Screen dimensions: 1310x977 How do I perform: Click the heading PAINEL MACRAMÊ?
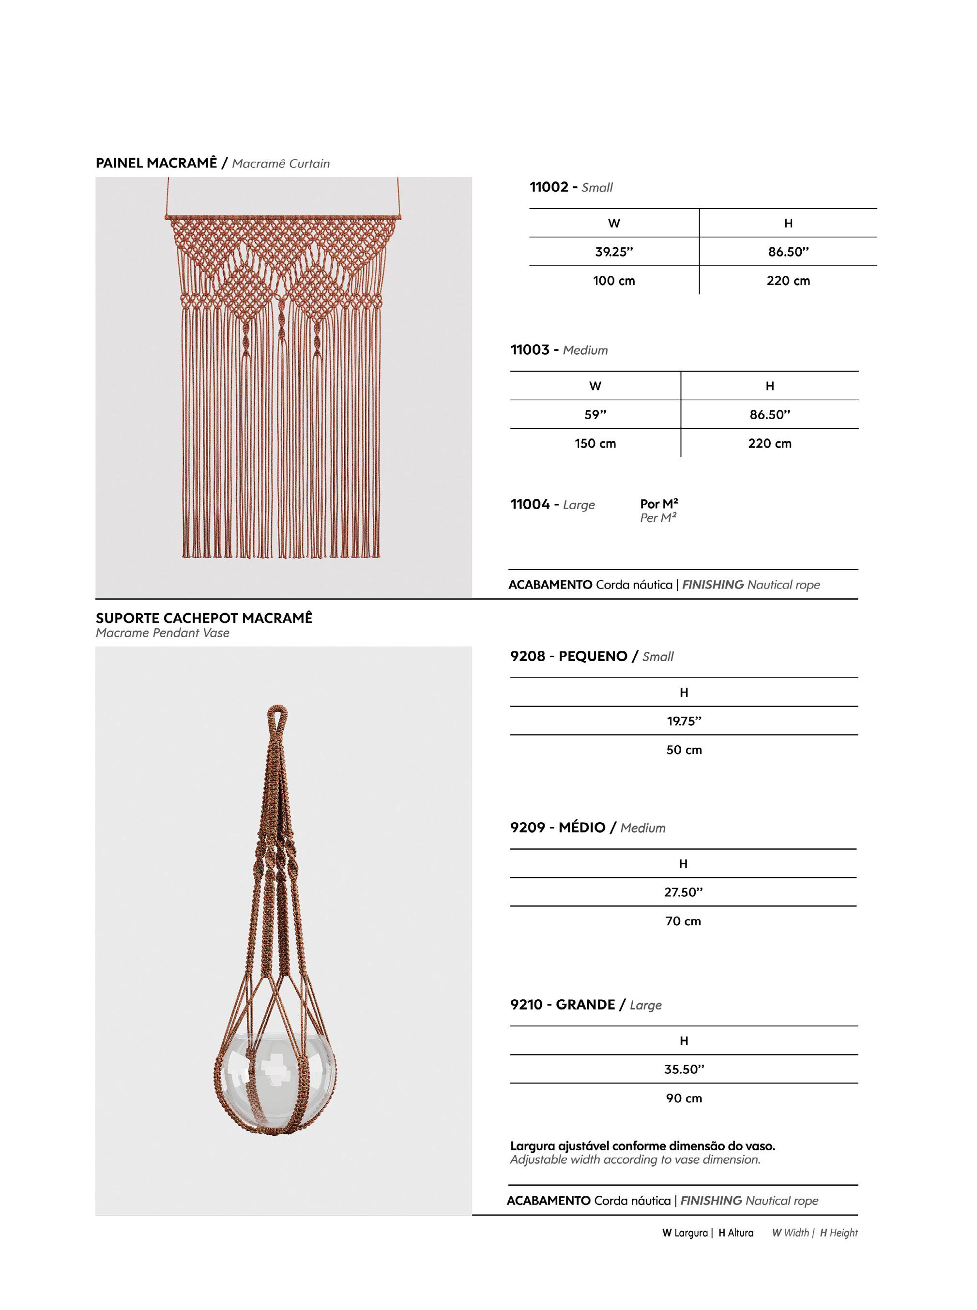[156, 163]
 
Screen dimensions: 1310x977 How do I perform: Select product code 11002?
[548, 187]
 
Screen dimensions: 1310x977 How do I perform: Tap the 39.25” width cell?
[614, 252]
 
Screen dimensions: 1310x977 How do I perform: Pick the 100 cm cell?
[614, 281]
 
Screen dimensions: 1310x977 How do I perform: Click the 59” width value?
[595, 415]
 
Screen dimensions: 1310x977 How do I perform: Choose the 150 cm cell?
[595, 444]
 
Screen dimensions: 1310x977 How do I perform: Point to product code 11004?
[530, 504]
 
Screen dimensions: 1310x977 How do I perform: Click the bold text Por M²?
[659, 504]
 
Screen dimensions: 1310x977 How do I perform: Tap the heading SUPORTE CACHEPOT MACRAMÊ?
[204, 618]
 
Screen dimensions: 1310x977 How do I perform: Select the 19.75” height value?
[684, 721]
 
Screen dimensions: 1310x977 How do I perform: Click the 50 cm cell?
[684, 750]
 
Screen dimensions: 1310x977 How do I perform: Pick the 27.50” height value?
[683, 892]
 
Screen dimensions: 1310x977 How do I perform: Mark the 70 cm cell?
[683, 921]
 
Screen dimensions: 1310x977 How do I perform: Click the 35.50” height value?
[684, 1069]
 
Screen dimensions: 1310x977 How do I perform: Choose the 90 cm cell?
[684, 1099]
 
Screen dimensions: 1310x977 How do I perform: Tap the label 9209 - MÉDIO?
[558, 828]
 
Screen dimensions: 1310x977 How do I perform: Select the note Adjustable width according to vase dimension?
[635, 1160]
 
